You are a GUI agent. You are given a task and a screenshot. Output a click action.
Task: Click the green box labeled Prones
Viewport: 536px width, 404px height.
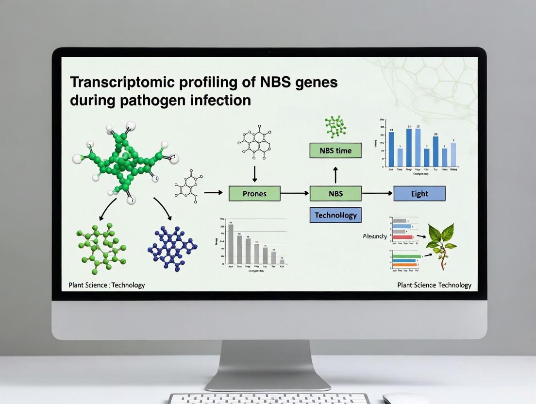click(x=254, y=193)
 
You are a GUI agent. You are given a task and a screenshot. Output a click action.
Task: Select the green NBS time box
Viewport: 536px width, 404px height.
click(x=335, y=151)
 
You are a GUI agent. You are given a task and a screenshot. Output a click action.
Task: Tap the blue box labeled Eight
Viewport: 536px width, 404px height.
click(x=419, y=193)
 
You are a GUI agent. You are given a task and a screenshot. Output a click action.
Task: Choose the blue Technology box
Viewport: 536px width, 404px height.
click(x=335, y=215)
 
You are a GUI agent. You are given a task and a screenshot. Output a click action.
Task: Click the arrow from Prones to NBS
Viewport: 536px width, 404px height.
click(x=295, y=193)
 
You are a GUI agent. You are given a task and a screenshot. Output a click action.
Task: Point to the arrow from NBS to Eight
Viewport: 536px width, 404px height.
click(x=377, y=193)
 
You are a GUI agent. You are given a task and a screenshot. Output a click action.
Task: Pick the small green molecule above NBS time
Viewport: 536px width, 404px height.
click(x=335, y=126)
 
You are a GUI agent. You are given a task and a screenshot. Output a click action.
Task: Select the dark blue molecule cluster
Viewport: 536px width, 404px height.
click(x=172, y=247)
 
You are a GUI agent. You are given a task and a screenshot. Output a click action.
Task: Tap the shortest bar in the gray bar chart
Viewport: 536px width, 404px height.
click(x=282, y=261)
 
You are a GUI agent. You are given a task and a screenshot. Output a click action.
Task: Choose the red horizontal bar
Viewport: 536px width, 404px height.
click(x=402, y=237)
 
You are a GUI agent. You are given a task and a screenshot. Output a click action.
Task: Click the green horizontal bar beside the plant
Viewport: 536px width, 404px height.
click(x=406, y=256)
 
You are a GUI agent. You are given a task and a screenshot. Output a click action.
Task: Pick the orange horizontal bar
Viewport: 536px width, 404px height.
click(x=404, y=265)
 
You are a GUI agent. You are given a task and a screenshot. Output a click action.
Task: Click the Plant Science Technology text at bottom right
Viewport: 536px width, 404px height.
click(x=434, y=285)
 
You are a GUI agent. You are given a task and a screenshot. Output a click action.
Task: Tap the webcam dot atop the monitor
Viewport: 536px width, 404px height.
click(x=269, y=51)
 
